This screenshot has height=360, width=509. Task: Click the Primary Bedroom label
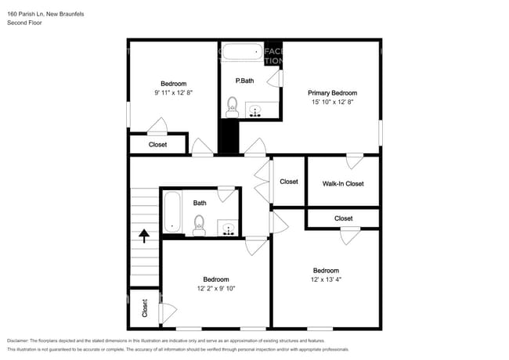pos(332,92)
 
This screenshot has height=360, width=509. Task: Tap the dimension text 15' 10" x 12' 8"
pos(332,102)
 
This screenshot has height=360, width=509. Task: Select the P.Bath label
pos(244,81)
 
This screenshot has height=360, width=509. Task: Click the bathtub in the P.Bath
pos(241,53)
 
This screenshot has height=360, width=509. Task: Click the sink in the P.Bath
pos(255,110)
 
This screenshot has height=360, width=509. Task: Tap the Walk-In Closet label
pos(343,184)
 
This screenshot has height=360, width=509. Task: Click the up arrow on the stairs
pos(144,236)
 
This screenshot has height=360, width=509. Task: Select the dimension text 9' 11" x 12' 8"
pos(174,92)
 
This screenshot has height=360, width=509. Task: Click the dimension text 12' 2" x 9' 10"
pos(216,288)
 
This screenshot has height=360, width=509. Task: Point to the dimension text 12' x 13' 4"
pos(327,279)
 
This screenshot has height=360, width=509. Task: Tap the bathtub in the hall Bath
pos(172,214)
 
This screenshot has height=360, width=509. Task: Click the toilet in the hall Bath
pos(199,225)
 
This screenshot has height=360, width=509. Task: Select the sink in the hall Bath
pos(228,229)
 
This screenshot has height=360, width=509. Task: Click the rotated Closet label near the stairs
pos(145,308)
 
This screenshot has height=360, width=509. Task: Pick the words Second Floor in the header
pos(24,23)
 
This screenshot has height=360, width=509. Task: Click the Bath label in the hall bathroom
pos(200,203)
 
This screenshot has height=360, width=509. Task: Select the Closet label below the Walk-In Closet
pos(343,218)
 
